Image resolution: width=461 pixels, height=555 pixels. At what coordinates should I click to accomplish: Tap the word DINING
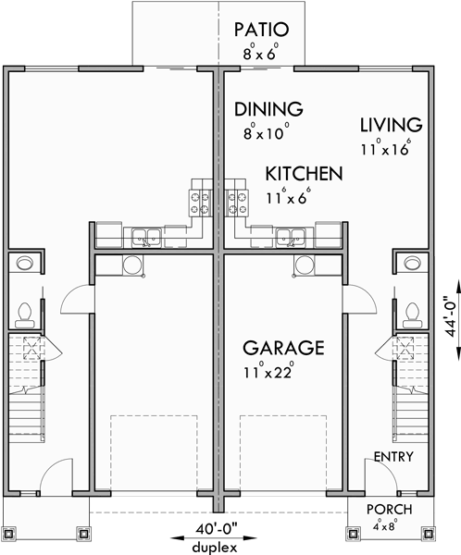tap(268, 108)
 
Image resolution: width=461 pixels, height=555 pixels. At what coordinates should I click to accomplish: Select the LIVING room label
tap(392, 125)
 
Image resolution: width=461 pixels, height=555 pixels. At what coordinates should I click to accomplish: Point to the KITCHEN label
tap(304, 174)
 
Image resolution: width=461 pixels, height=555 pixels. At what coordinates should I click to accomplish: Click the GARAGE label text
tap(283, 348)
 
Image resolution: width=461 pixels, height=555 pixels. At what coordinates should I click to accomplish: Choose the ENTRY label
tap(393, 458)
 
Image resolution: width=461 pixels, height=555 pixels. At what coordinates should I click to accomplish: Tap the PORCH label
tap(389, 510)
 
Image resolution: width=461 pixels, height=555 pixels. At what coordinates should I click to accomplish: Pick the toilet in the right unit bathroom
tap(410, 313)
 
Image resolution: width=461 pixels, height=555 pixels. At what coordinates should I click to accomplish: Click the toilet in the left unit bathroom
tap(25, 313)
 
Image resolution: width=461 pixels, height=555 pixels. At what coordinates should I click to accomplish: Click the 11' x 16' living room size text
tap(386, 147)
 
